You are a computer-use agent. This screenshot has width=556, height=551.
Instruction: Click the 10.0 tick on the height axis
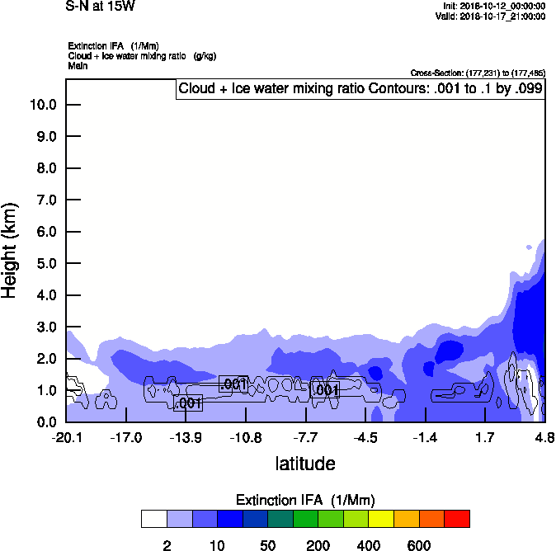42,105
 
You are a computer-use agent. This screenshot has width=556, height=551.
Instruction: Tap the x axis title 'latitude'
305,463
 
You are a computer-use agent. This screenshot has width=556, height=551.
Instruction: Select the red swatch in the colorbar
457,519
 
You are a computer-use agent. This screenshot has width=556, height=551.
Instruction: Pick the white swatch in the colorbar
154,519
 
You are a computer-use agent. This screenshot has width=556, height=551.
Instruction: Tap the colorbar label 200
318,545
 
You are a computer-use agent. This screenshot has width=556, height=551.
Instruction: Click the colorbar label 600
419,545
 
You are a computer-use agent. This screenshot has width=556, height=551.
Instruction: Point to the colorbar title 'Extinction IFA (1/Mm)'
305,500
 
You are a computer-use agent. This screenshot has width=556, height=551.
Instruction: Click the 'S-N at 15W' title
100,5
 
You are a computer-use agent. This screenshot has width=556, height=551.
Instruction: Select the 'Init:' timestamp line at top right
492,6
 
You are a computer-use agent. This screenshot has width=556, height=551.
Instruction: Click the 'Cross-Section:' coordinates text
477,73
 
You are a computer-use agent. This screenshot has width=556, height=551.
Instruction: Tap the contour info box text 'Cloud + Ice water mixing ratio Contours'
360,88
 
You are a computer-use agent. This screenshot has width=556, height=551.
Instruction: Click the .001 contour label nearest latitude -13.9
189,403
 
